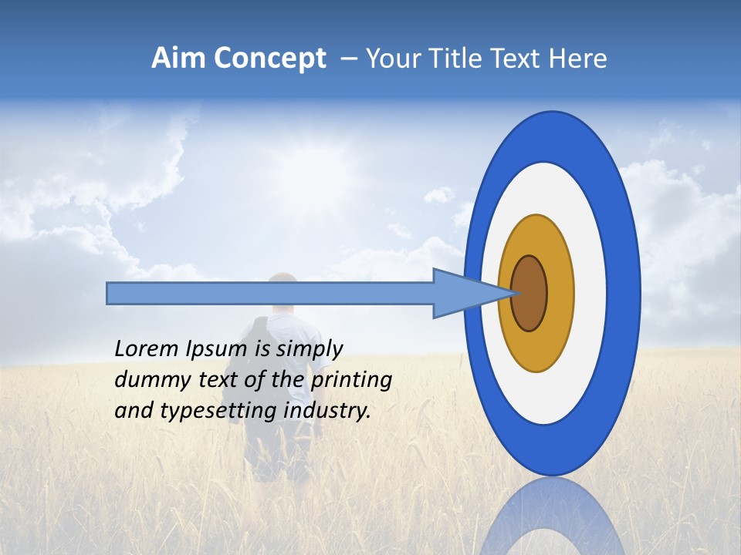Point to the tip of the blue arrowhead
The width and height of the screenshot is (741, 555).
click(x=516, y=293)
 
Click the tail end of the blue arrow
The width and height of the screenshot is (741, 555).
click(x=109, y=293)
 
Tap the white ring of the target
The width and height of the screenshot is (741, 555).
click(x=590, y=293)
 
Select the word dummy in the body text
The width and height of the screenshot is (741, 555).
click(x=150, y=380)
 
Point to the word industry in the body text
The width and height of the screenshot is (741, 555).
click(x=327, y=410)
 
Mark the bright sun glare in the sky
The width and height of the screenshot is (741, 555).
click(x=293, y=166)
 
